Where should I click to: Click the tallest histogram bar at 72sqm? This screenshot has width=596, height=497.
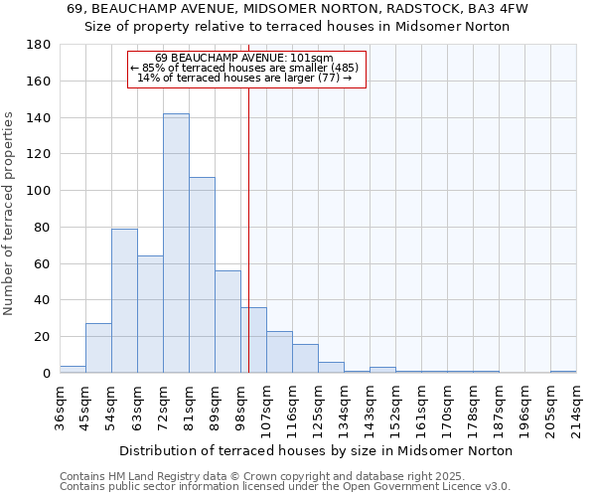point(176,244)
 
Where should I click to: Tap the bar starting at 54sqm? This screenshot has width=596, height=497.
point(124,300)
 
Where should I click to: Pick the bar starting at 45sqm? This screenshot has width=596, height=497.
point(98,348)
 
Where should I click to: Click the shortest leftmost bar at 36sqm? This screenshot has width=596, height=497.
point(73,369)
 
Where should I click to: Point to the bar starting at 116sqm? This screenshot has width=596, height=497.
point(305,358)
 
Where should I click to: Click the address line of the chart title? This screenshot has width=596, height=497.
point(297,9)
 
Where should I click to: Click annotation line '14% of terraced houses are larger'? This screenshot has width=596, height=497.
point(244,78)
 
